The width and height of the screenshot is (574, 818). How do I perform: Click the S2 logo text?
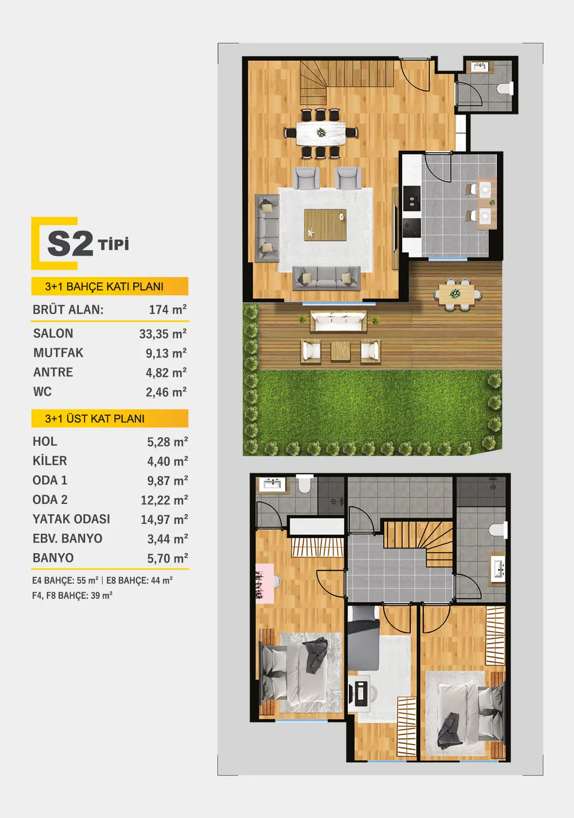click(70, 243)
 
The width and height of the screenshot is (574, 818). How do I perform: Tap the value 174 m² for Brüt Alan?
click(168, 310)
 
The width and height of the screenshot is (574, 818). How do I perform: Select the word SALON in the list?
click(54, 334)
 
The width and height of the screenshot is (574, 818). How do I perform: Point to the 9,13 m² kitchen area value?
click(166, 353)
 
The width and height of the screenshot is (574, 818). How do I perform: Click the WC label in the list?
click(42, 392)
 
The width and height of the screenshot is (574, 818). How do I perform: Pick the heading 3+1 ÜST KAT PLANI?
click(95, 419)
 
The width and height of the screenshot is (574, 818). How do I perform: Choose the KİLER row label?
click(50, 461)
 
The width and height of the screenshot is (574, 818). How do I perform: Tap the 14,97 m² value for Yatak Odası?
click(164, 519)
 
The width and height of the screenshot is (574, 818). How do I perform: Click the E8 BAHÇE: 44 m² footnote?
click(140, 580)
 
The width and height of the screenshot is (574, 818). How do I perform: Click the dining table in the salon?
click(321, 133)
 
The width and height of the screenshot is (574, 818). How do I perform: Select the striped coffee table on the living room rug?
click(325, 225)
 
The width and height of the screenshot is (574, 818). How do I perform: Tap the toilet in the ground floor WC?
click(505, 88)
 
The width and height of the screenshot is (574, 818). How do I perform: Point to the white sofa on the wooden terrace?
click(338, 321)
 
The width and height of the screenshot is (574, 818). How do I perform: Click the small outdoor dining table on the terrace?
click(457, 294)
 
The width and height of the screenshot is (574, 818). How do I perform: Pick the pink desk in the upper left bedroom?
click(265, 583)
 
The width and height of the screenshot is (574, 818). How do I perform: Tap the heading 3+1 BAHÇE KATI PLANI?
click(104, 286)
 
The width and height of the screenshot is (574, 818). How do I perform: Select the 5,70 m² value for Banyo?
click(168, 558)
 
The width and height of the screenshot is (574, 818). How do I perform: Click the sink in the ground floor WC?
click(479, 67)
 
